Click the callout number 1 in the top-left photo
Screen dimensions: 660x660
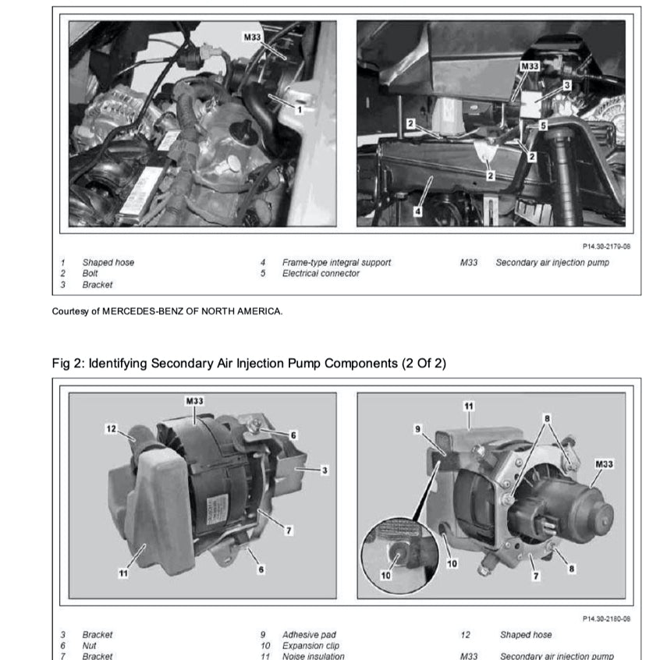[x=297, y=111]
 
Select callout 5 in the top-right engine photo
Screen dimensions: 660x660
[x=544, y=125]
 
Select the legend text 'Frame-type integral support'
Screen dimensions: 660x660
[x=336, y=262]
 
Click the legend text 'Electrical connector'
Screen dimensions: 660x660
[x=321, y=274]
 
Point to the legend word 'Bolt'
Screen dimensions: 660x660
[x=90, y=274]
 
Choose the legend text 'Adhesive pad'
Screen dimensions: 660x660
[x=309, y=635]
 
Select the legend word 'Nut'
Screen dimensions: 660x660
[x=88, y=646]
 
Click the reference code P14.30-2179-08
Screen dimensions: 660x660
[x=607, y=247]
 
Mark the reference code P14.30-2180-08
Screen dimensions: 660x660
[x=606, y=619]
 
